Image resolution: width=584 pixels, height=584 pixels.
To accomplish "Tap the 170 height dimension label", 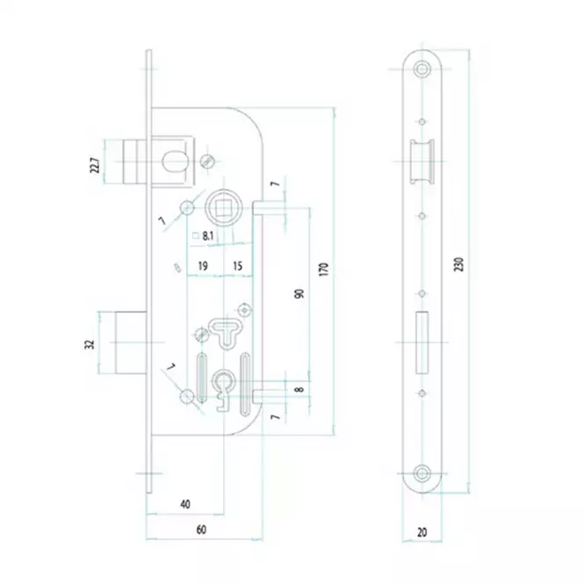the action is click(324, 269).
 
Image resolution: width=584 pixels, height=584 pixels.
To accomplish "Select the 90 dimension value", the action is click(299, 293).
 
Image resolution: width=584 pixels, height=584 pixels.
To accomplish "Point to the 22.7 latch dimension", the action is click(95, 165).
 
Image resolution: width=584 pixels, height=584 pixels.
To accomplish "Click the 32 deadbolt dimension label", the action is click(90, 344).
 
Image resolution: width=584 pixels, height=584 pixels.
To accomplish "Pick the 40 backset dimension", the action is click(185, 504).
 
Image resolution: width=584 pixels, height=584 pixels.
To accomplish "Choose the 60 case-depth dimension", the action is click(201, 530).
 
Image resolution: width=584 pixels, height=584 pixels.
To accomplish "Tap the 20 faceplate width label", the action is click(422, 532).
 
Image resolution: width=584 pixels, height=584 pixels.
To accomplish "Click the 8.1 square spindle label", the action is click(207, 235).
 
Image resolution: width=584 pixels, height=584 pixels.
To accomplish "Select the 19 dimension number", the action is click(203, 266).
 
